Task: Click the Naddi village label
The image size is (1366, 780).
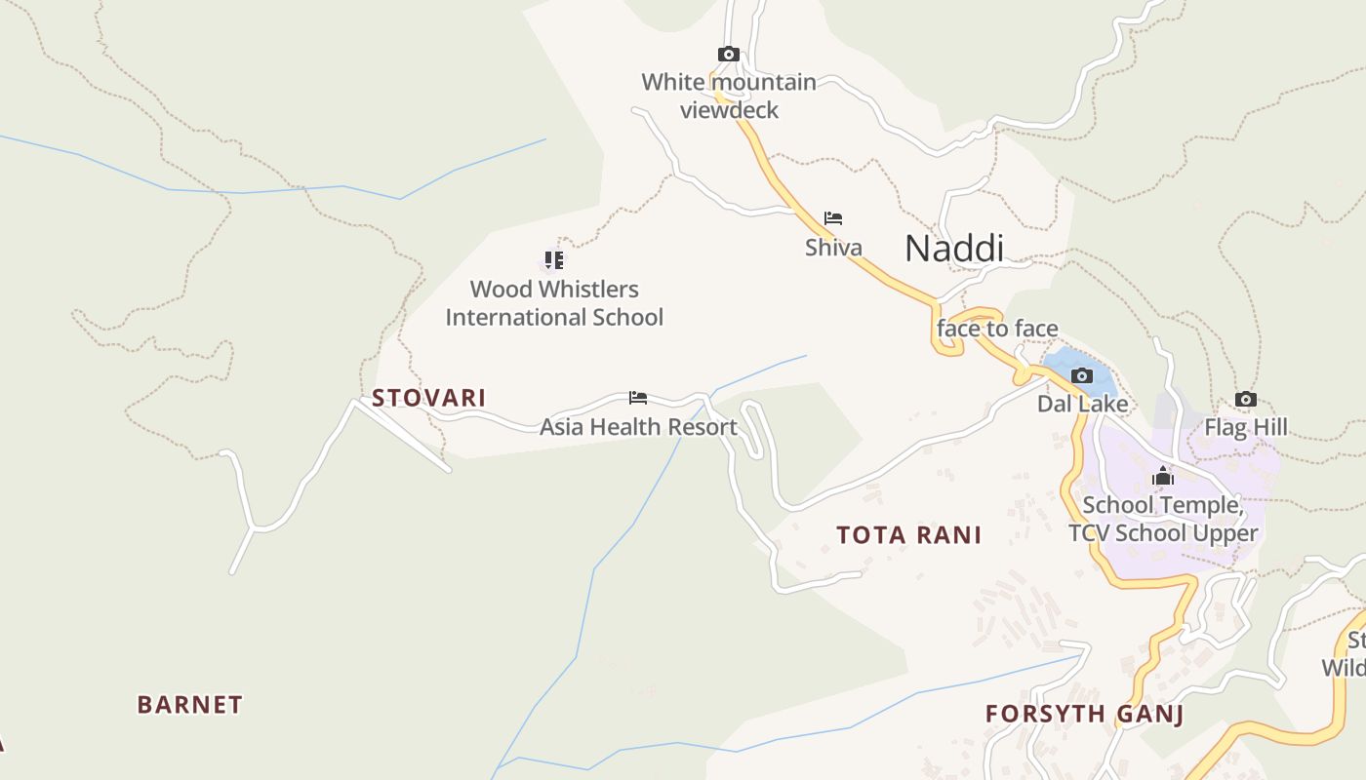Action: (953, 249)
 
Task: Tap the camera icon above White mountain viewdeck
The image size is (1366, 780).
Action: (728, 55)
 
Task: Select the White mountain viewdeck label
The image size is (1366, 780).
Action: (729, 96)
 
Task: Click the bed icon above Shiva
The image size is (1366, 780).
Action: (832, 218)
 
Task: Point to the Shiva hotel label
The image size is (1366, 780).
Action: (833, 248)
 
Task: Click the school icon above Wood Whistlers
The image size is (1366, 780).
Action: (554, 260)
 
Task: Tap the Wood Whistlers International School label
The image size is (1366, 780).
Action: (554, 303)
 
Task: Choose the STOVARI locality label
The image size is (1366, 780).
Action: (428, 398)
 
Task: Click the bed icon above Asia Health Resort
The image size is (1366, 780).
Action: (638, 398)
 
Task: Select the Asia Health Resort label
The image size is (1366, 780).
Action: (638, 427)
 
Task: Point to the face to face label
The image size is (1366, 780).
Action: (997, 329)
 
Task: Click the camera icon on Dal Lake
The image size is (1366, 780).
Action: (1081, 375)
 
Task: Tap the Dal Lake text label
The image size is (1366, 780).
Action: (1082, 404)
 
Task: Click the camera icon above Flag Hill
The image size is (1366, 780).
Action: (1245, 399)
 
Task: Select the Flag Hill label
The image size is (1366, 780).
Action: (1245, 427)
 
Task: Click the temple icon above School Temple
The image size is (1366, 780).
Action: (1162, 477)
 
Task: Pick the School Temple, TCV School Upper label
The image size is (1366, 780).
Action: (1163, 519)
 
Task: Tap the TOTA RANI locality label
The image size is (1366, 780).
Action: (908, 535)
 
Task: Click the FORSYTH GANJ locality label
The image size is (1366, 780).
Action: (1084, 714)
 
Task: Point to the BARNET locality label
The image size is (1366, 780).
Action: (189, 705)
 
